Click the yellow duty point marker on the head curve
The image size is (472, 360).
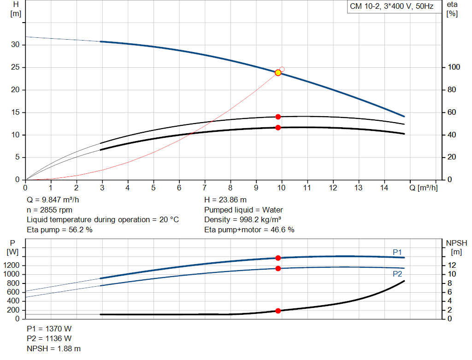point(278,72)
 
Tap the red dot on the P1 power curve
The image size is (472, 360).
point(278,258)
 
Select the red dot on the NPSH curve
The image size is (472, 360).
point(278,311)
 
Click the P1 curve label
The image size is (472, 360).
point(397,252)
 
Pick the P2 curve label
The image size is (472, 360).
point(397,274)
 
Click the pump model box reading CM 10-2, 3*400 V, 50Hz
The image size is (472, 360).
point(392,6)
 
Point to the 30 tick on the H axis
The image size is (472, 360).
point(15,45)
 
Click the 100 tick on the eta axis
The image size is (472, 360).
point(454,67)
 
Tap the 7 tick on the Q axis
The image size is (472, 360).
point(205,188)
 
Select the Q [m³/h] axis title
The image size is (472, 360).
point(424,188)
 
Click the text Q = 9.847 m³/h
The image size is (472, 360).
point(53,200)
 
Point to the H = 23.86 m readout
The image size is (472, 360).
point(225,200)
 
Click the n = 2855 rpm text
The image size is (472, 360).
point(50,210)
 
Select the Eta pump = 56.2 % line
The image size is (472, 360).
point(59,230)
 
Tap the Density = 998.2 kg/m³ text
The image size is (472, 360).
point(242,220)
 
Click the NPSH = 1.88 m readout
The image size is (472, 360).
point(54,348)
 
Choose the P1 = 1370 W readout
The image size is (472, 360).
point(49,329)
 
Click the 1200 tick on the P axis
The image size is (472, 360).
point(12,265)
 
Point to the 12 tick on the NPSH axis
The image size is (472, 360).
point(452,265)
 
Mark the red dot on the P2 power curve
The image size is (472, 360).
point(278,268)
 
